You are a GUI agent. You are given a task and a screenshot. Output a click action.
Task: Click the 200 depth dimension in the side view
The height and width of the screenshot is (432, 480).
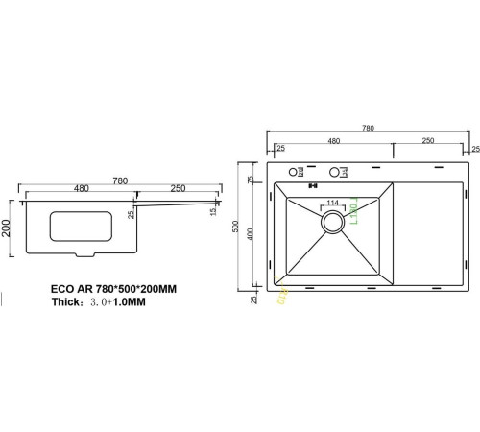tap(7, 227)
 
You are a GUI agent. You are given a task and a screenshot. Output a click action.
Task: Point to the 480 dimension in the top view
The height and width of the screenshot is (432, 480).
tap(334, 141)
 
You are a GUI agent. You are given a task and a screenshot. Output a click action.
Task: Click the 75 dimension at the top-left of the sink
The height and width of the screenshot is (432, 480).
tap(251, 180)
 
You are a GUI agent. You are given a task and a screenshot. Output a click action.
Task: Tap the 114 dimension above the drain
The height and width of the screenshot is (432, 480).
tap(333, 203)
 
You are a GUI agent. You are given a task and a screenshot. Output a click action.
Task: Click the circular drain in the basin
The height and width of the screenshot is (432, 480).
tap(333, 222)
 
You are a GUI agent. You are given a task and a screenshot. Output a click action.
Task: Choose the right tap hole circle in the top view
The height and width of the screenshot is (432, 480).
tap(335, 173)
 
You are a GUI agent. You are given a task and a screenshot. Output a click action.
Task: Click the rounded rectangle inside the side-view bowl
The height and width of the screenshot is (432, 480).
tap(80, 228)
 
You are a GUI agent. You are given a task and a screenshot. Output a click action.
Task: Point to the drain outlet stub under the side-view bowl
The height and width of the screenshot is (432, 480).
tap(84, 254)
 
